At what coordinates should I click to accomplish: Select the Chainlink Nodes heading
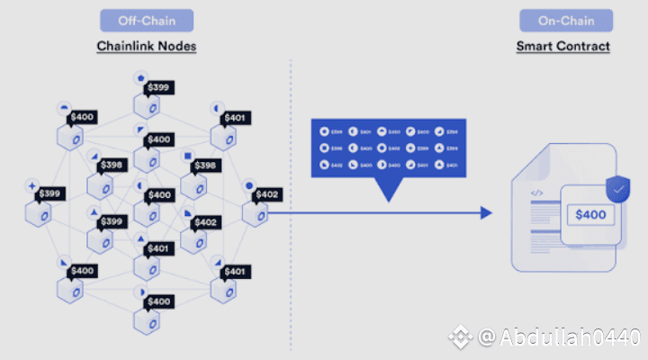pyautogui.click(x=148, y=46)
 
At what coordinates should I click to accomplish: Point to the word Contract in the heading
pyautogui.click(x=586, y=46)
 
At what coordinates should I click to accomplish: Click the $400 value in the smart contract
pyautogui.click(x=591, y=215)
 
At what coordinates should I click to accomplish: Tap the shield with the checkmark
pyautogui.click(x=617, y=189)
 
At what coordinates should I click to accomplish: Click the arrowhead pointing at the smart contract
pyautogui.click(x=486, y=212)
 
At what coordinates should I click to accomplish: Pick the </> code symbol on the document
pyautogui.click(x=536, y=193)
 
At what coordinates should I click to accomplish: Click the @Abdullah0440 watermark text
pyautogui.click(x=559, y=337)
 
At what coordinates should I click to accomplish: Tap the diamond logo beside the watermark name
pyautogui.click(x=462, y=337)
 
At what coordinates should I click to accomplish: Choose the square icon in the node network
pyautogui.click(x=187, y=157)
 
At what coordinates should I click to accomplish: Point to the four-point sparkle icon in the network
pyautogui.click(x=33, y=185)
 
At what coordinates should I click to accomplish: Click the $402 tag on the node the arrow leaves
pyautogui.click(x=268, y=194)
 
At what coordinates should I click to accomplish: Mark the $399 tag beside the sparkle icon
pyautogui.click(x=50, y=194)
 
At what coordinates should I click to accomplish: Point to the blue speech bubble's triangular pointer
pyautogui.click(x=388, y=188)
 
